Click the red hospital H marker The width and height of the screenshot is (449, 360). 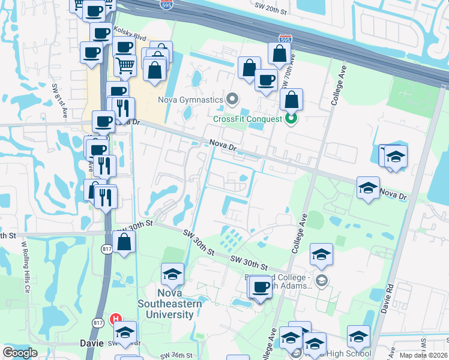tap(117, 320)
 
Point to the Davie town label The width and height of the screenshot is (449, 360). tap(91, 343)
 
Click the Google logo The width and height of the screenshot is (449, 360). tap(20, 353)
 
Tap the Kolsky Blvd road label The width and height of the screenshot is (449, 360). tap(134, 37)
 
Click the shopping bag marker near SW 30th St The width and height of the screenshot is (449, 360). tap(124, 242)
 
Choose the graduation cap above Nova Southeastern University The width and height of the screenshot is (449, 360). tap(173, 275)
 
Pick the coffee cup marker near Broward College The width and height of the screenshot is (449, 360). tap(261, 287)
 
